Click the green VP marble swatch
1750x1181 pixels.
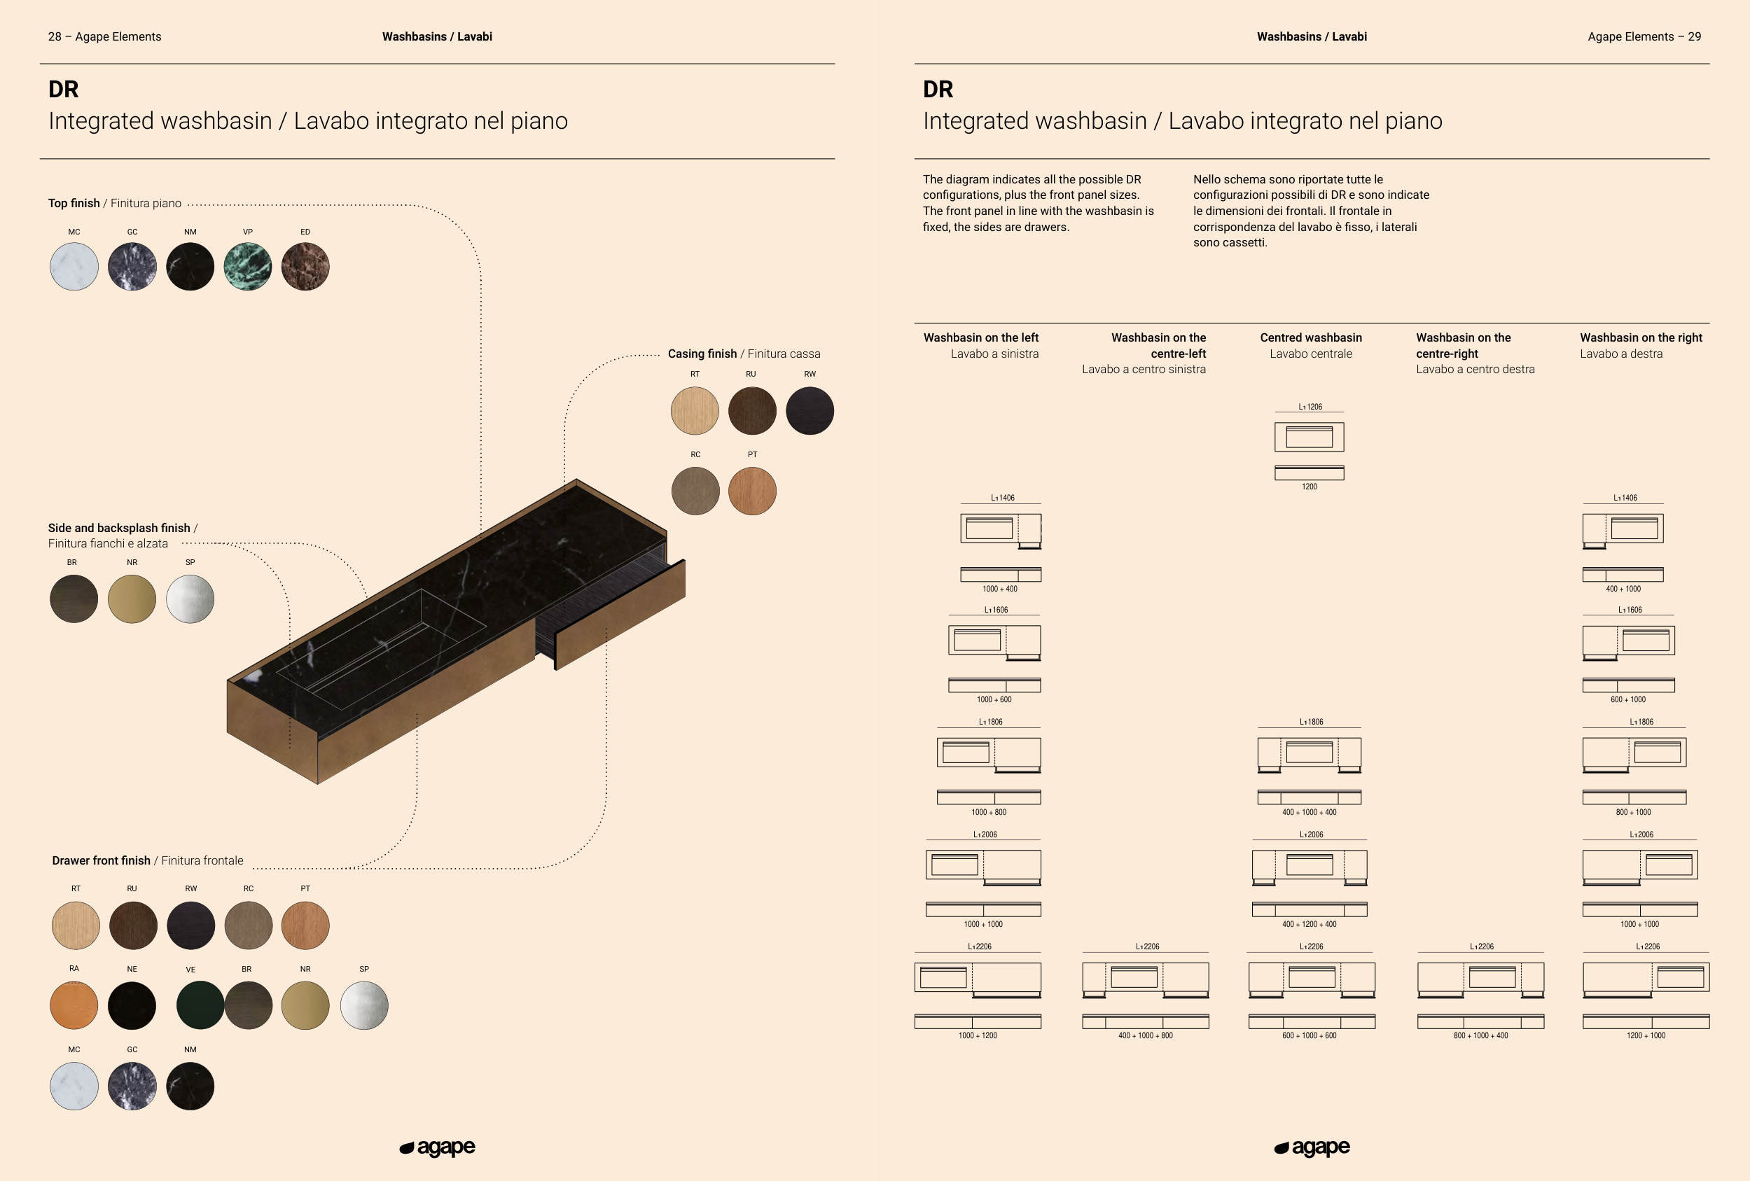[x=248, y=267]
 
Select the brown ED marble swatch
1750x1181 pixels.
[x=305, y=267]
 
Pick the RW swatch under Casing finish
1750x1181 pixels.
[x=810, y=411]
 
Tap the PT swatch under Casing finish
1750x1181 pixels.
[x=752, y=491]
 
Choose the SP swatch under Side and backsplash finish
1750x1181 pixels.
[x=190, y=599]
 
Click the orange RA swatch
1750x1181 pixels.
[x=74, y=1005]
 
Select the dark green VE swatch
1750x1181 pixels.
[x=199, y=1005]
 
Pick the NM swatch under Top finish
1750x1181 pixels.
[x=190, y=267]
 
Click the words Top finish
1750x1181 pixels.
[x=74, y=203]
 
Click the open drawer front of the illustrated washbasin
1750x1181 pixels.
[x=620, y=614]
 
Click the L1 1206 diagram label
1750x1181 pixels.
[x=1310, y=407]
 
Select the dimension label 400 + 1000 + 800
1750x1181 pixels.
[x=1146, y=1035]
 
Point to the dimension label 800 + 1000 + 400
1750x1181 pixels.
[x=1480, y=1035]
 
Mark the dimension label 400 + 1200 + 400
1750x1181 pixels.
[x=1310, y=924]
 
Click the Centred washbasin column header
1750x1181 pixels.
[x=1311, y=338]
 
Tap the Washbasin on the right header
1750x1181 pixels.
[x=1641, y=338]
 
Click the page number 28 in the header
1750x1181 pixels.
[x=55, y=37]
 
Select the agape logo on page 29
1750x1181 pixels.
[x=1312, y=1147]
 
